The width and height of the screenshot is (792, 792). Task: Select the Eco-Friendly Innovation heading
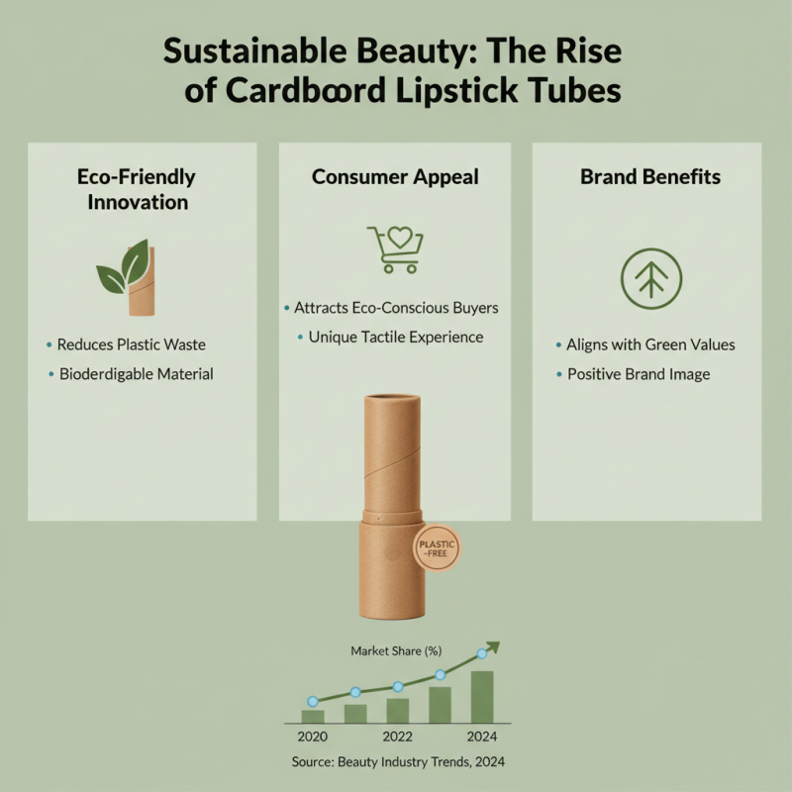coord(137,189)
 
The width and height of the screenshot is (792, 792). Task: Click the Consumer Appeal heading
coord(395,177)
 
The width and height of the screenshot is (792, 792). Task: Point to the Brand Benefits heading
coord(650,177)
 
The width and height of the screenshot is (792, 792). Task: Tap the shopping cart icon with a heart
coord(394,247)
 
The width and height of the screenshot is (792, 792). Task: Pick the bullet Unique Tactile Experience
coord(395,337)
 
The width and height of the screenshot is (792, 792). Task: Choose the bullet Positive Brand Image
coord(638,374)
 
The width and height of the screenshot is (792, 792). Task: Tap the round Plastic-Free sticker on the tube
coord(432,549)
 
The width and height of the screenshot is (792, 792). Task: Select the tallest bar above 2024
coord(482,697)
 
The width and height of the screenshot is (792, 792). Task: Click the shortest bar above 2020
coord(313,716)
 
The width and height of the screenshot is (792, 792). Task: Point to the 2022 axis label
coord(398,738)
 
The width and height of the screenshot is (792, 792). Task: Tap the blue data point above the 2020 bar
coord(313,701)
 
